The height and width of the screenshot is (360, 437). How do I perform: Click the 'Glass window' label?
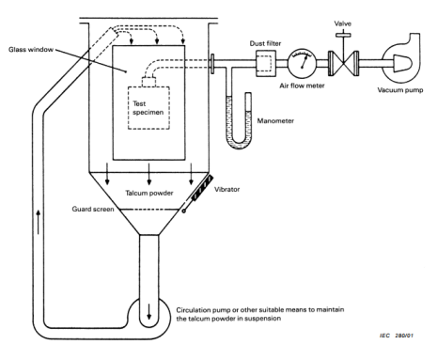point(31,50)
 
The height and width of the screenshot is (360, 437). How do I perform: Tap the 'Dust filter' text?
point(265,43)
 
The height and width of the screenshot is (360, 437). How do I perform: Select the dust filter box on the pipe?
point(266,64)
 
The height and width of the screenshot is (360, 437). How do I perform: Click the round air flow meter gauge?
point(302,63)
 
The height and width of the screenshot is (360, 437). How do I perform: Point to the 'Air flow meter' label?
point(302,86)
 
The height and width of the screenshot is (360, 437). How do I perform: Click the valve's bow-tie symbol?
point(343,63)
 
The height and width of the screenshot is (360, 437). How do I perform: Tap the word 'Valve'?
point(343,23)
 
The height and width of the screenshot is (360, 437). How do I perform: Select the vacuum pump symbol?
point(401,60)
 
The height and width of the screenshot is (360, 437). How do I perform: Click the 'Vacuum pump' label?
point(400,90)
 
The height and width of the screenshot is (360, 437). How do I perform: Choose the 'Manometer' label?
point(275,121)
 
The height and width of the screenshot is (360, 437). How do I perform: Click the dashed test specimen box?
point(148,108)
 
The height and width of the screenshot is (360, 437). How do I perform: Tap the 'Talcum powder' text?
point(149,193)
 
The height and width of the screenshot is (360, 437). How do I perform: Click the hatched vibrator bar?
point(203,188)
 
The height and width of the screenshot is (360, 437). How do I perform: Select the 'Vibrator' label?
point(227,189)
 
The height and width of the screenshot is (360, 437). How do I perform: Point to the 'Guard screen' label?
point(93,209)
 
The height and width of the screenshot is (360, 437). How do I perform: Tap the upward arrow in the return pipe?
point(39,222)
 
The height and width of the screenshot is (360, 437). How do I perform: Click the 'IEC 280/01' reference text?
point(397,336)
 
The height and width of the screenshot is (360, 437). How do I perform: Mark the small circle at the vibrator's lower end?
point(184,211)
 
